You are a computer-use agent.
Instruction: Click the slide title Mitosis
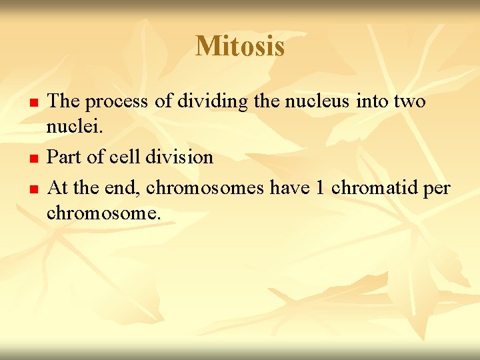(240, 46)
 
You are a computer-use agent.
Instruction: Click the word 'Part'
(65, 157)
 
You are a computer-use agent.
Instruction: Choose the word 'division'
(180, 157)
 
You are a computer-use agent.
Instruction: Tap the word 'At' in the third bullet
(59, 188)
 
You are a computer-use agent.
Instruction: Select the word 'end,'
(121, 188)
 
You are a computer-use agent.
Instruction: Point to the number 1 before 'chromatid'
(319, 188)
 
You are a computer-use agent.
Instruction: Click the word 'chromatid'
(378, 188)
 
